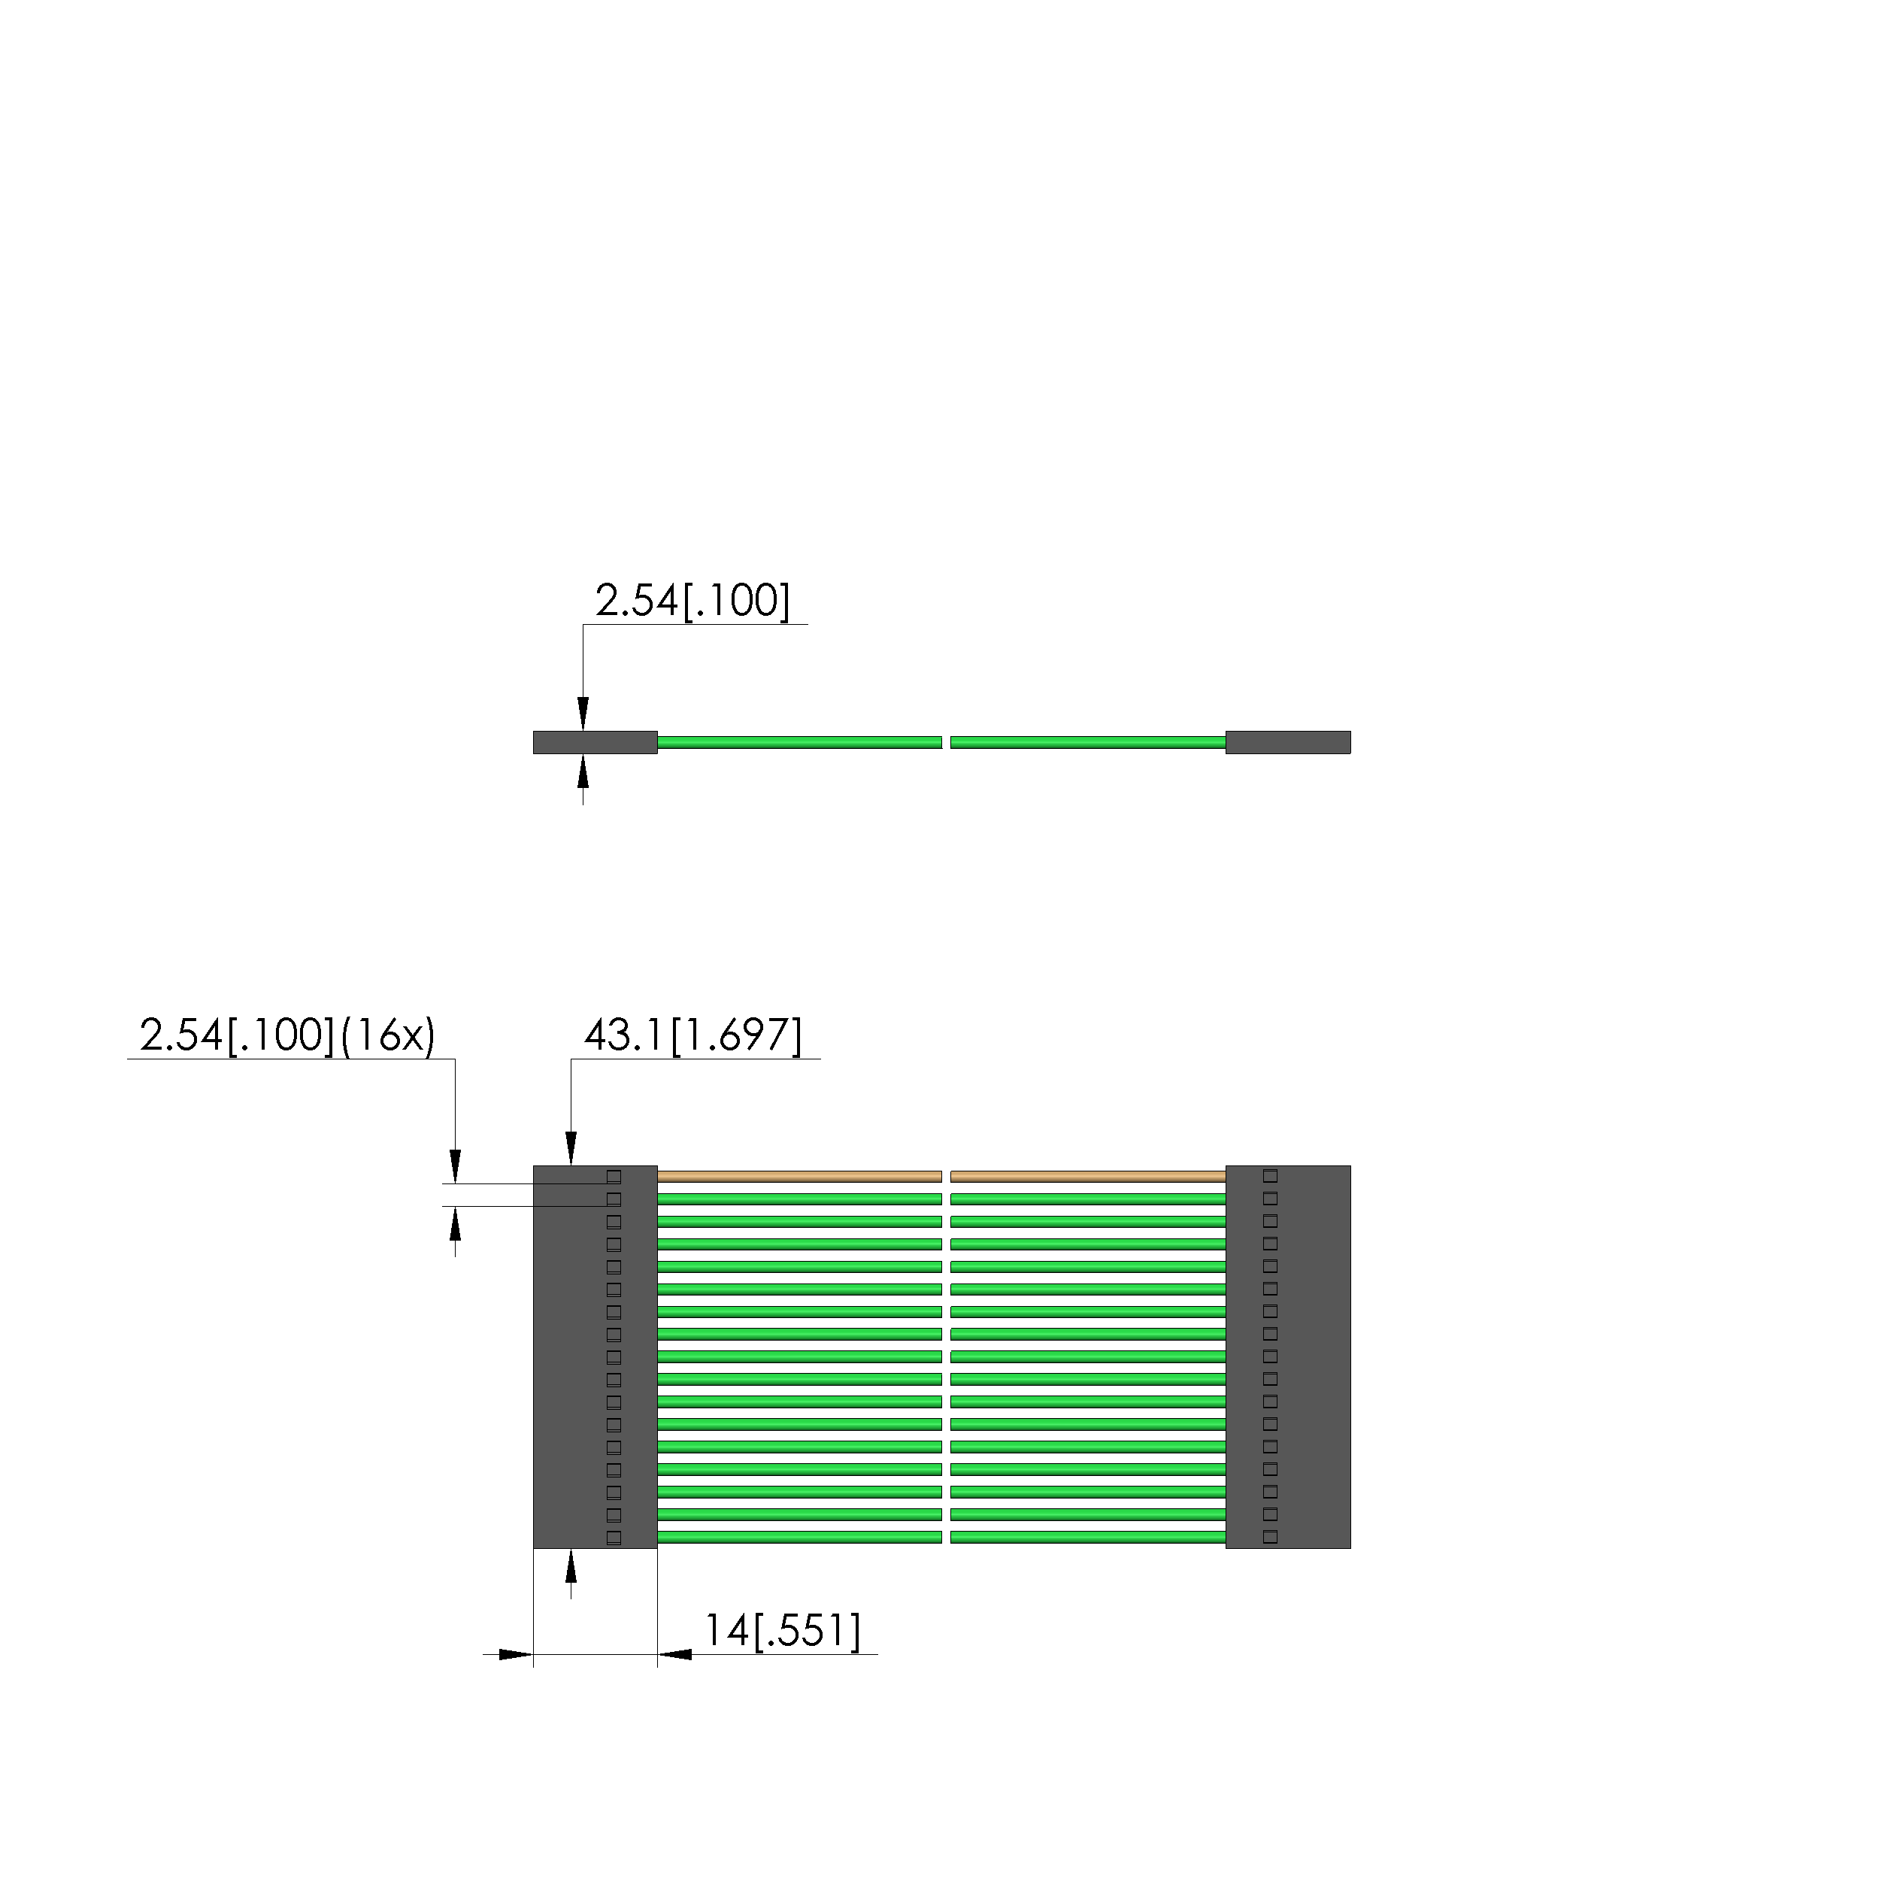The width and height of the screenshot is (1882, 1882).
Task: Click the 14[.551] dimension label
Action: click(x=782, y=1631)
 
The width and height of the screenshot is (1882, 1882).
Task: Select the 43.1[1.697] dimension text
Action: click(x=692, y=1035)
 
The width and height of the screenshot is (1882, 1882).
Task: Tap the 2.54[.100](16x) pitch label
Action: click(x=287, y=1035)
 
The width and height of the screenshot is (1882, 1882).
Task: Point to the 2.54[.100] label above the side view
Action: click(x=692, y=600)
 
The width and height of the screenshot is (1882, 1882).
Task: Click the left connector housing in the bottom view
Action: click(x=596, y=1357)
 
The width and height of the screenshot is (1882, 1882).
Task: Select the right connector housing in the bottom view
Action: click(x=1288, y=1357)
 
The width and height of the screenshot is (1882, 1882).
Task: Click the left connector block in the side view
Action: click(x=596, y=742)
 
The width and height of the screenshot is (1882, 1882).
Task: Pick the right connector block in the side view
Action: click(x=1288, y=742)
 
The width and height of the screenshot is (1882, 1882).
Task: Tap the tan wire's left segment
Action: click(x=800, y=1177)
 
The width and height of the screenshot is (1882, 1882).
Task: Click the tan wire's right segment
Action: click(x=1088, y=1177)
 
